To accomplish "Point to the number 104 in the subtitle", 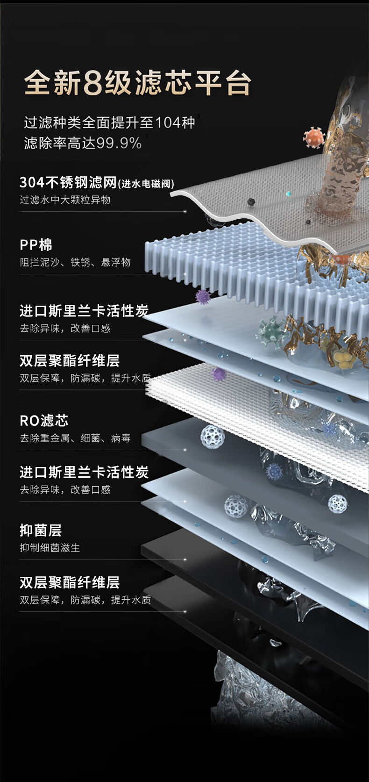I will click(x=168, y=122).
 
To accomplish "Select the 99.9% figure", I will click(x=119, y=143).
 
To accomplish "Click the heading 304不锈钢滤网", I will click(x=68, y=182).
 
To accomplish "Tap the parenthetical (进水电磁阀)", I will click(x=146, y=184).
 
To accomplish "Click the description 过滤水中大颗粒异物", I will click(x=65, y=200).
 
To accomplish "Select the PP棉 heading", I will click(x=36, y=244).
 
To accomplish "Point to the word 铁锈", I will click(x=80, y=262).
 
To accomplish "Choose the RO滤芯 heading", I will click(x=44, y=420).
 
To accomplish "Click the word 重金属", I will click(x=50, y=438).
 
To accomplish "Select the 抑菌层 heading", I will click(x=41, y=530).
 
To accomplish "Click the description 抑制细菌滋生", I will click(x=50, y=547).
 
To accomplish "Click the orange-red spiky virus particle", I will click(x=313, y=137).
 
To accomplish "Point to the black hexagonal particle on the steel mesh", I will click(x=251, y=202).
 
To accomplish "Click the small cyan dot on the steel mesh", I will click(x=288, y=193).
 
